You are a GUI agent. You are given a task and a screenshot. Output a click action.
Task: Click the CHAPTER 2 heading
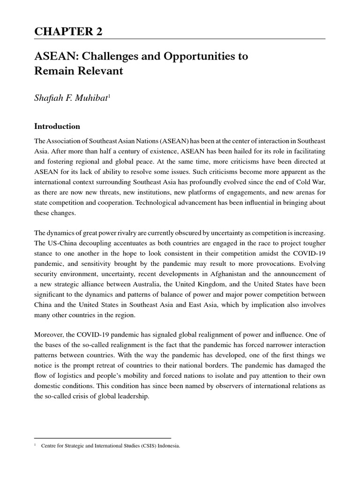coord(68,32)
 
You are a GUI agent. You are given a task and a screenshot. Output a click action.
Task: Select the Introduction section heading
coord(58,127)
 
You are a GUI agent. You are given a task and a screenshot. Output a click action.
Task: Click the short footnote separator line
coord(103,438)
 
